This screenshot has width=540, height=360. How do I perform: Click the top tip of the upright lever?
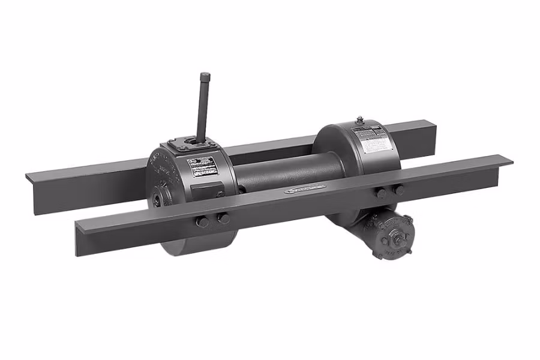coord(205,76)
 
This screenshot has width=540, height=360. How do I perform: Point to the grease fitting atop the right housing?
coord(359,120)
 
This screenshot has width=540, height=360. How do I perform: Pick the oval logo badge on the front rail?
coord(306,191)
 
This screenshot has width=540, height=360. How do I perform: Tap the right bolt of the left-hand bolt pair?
coord(223,218)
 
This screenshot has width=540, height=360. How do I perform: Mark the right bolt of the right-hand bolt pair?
coord(398,190)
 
